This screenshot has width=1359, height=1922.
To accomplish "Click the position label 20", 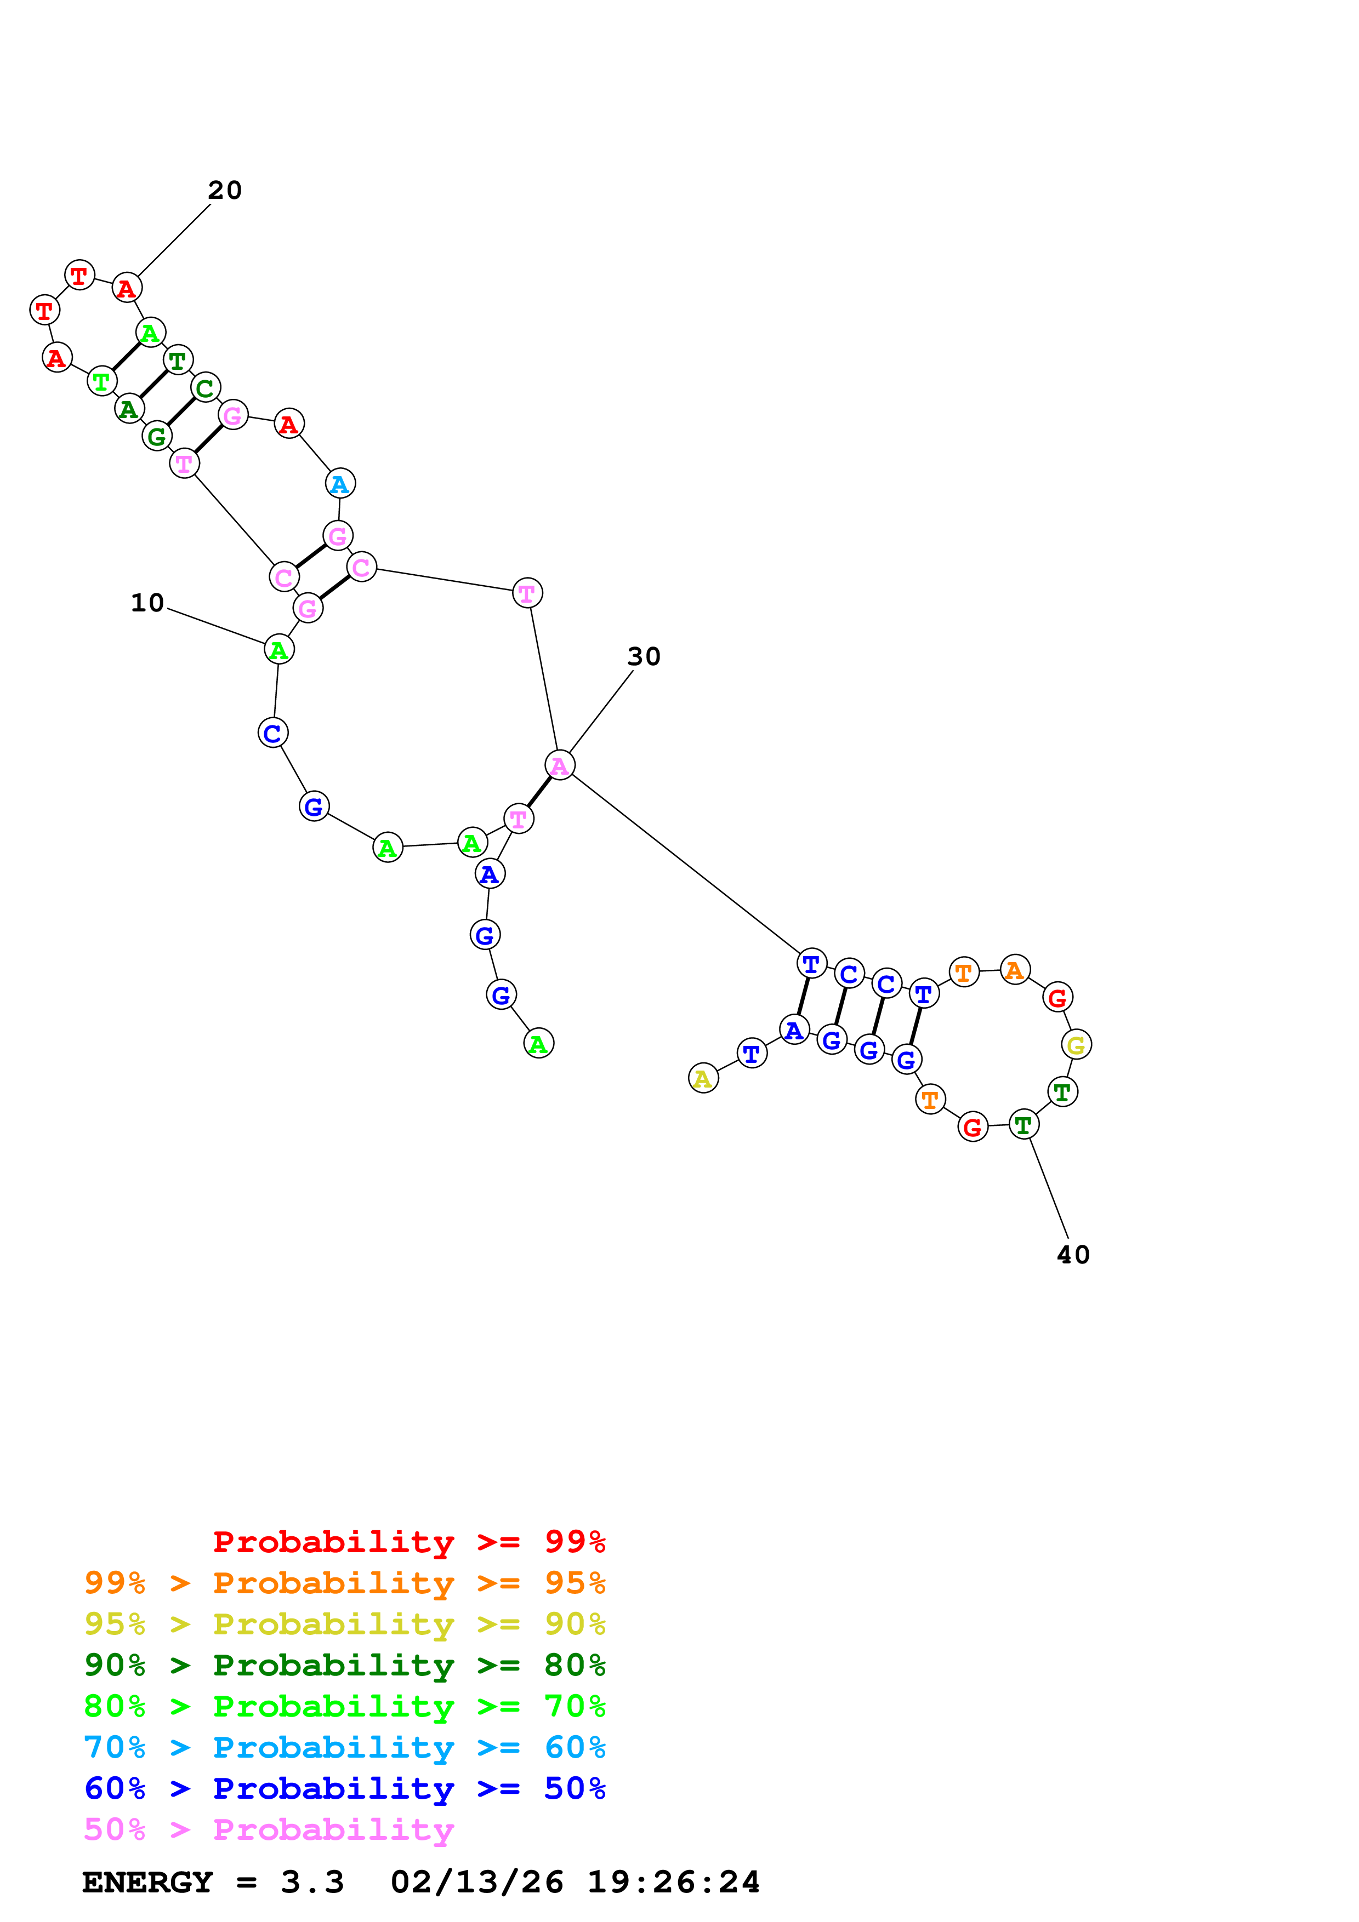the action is pos(224,191).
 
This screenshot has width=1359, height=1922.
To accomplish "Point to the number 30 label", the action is pos(644,656).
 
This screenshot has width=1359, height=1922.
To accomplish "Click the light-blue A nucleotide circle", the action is pos(340,483).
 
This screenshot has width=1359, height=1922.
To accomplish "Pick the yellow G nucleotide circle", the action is pos(1076,1045).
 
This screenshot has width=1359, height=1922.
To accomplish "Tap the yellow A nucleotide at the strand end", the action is pos(703,1078).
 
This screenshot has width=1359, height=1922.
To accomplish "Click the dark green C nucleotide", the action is pos(205,387).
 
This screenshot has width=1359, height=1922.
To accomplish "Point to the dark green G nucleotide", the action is pos(157,436).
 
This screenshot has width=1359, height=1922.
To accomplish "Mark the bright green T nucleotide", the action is pos(102,382).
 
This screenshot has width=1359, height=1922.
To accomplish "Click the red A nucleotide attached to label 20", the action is pos(127,288).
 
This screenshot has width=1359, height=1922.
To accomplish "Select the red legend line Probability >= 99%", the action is pos(408,1542).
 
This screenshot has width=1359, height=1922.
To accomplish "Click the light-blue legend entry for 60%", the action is pos(344,1748).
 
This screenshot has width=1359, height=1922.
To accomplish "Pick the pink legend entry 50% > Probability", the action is pos(269,1830).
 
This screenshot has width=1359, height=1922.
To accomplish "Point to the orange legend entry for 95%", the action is pos(344,1583).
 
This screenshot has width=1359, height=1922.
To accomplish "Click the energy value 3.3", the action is pos(312,1882).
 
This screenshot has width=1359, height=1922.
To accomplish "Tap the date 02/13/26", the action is pos(476,1882).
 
